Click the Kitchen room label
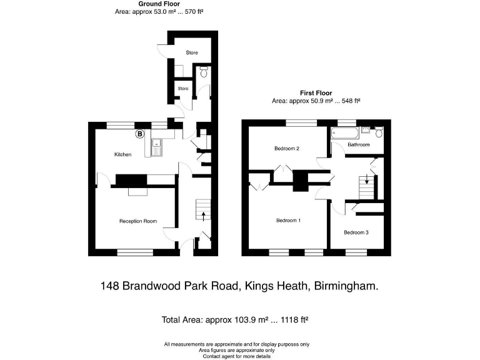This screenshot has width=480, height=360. coord(122,154)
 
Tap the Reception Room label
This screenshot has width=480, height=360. coord(137,221)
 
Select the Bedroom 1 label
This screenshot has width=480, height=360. coord(289,221)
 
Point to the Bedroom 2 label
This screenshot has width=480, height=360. coord(287,149)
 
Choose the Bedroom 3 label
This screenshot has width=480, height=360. coord(356,232)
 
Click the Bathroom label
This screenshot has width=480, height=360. coord(359,145)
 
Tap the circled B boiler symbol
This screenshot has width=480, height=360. coord(140,134)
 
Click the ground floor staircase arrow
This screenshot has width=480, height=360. coord(204,216)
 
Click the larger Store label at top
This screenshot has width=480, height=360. coord(191,53)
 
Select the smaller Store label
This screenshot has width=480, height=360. coord(183,89)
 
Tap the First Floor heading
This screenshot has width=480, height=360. coord(315,93)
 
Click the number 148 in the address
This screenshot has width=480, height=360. coord(110,286)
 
